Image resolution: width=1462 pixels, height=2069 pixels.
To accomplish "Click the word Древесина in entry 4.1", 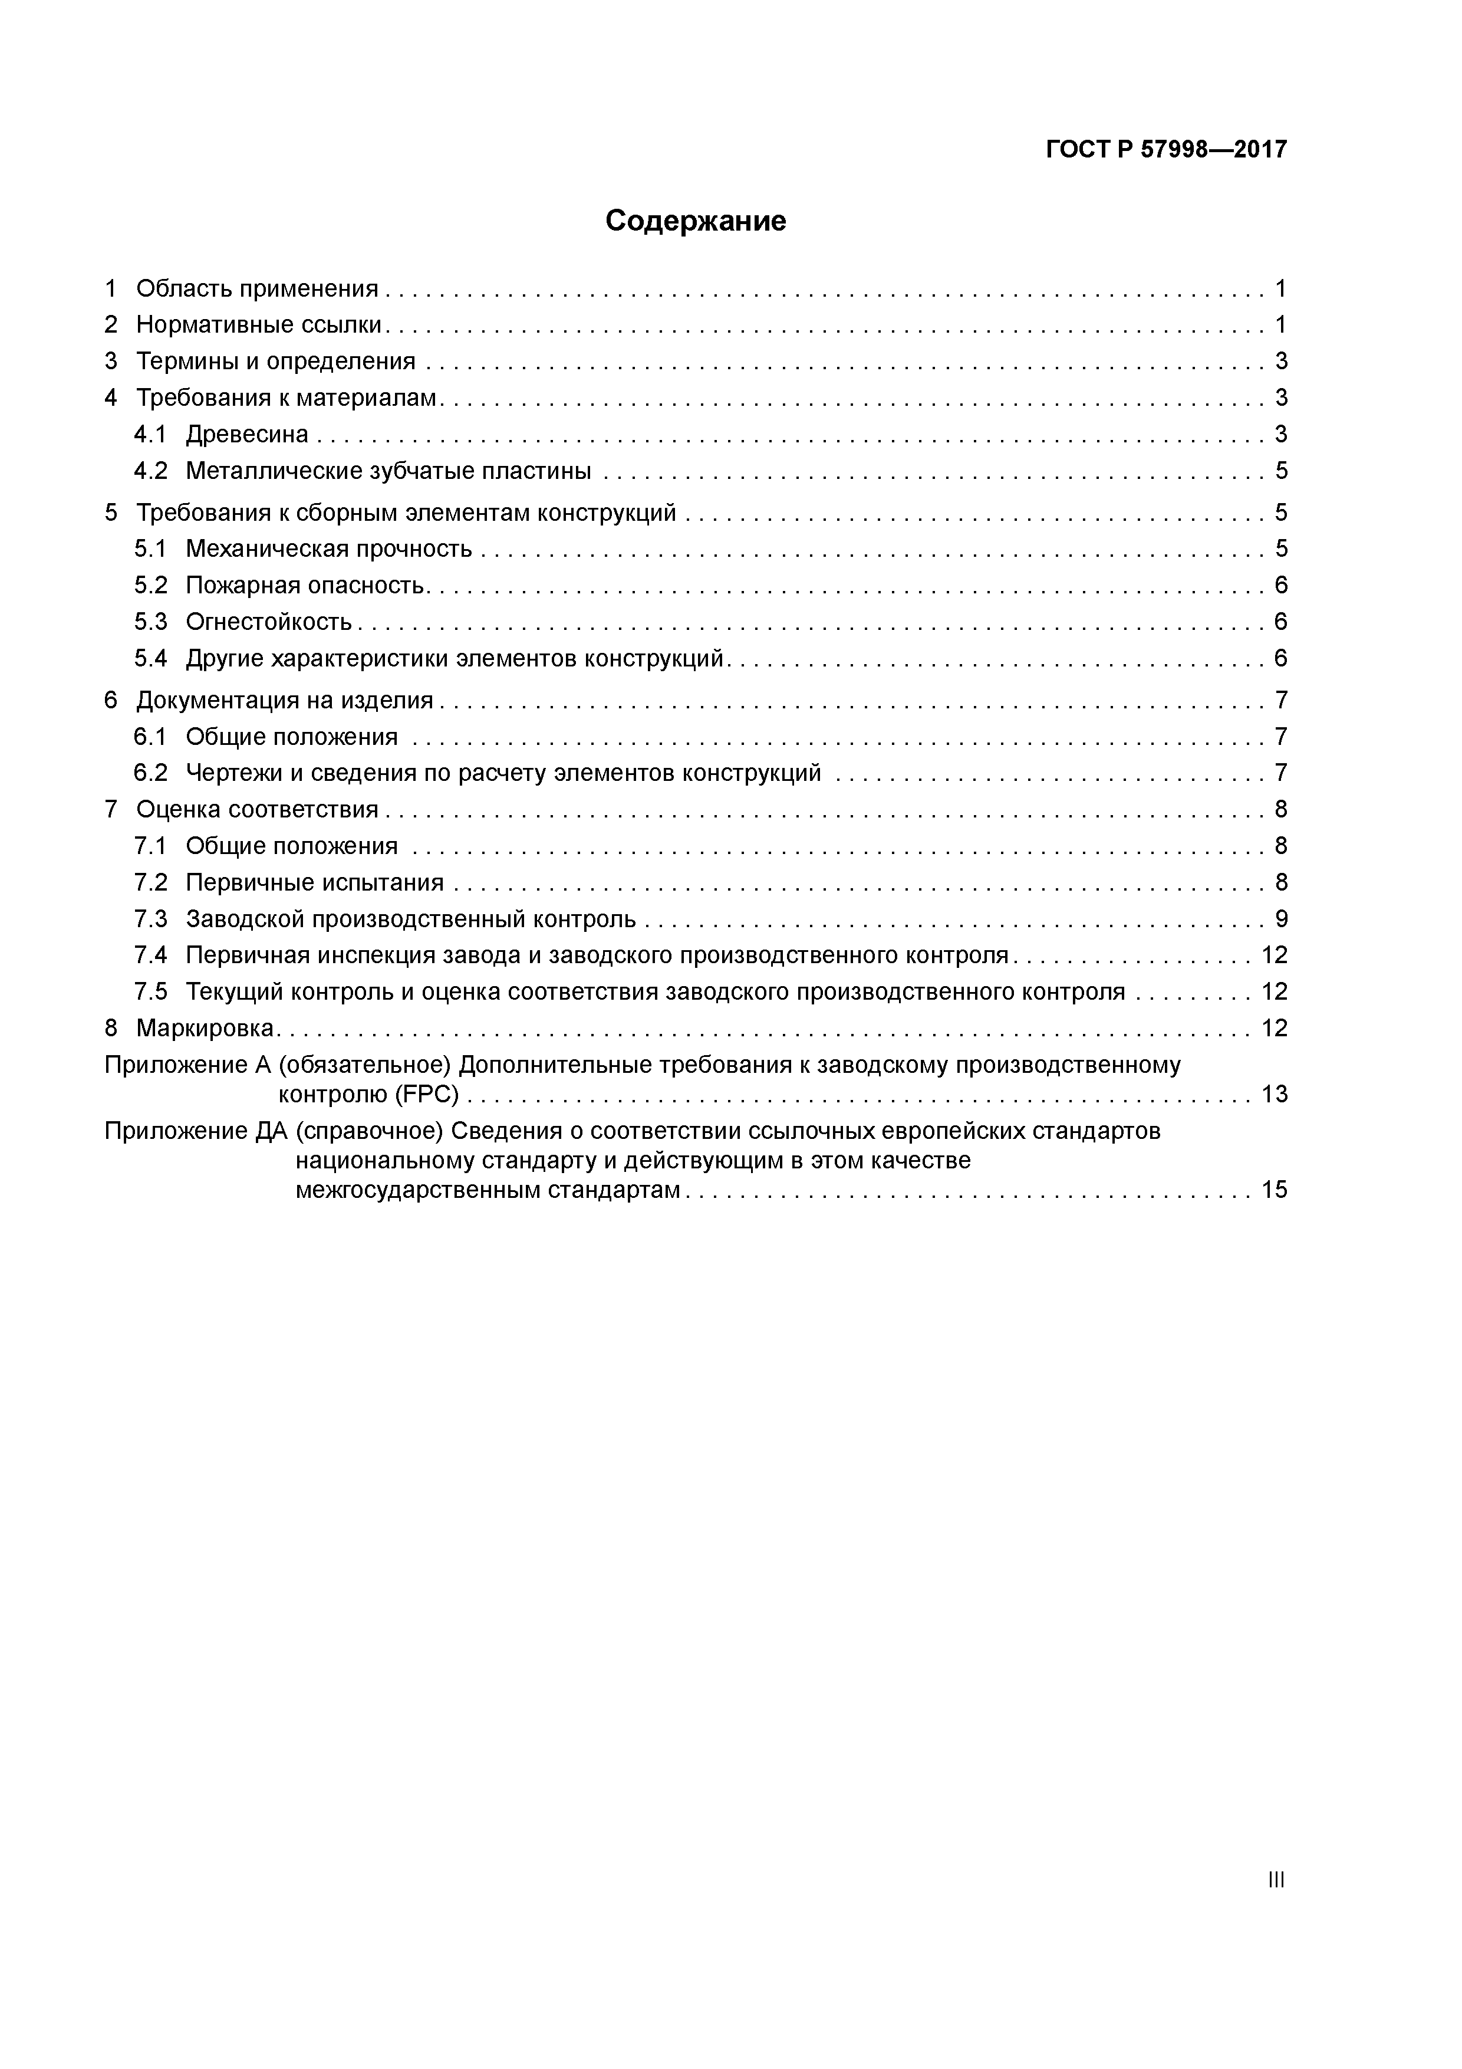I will click(x=247, y=434).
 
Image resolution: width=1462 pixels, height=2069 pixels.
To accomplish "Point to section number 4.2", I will click(x=150, y=471).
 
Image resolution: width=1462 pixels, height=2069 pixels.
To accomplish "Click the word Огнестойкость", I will click(x=268, y=622).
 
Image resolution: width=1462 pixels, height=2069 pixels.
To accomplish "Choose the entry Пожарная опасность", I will click(x=304, y=586).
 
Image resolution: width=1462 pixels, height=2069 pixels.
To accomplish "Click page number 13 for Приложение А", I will click(x=1274, y=1095).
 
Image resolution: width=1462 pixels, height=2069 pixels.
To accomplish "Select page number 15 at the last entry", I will click(x=1274, y=1190).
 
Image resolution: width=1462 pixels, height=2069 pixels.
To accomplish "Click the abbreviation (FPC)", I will click(x=426, y=1095).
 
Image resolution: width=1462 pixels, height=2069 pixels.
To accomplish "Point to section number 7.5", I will click(x=150, y=992).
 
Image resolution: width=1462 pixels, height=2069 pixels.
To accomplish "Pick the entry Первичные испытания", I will click(x=314, y=883).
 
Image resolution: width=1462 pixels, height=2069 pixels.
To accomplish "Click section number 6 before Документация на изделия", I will click(x=111, y=700).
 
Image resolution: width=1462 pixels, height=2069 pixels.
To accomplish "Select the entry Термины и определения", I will click(x=276, y=362).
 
